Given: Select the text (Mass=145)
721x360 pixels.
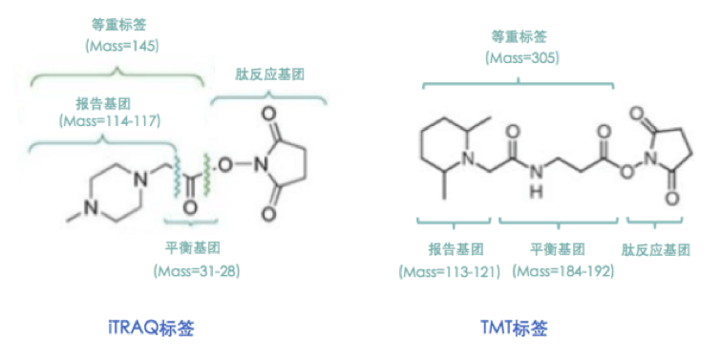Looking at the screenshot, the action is point(120,46).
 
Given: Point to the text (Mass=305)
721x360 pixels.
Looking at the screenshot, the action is point(522,58).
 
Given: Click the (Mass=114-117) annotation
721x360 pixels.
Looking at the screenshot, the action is point(108,121).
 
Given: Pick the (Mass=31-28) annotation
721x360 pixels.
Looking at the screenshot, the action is point(196,271).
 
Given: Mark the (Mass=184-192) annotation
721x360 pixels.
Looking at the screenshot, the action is point(562,271).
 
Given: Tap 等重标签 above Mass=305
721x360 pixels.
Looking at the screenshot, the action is point(522,37).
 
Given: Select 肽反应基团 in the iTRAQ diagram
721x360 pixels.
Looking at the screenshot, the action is point(270,74).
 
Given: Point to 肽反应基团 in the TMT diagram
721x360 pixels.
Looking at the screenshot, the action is point(656,251).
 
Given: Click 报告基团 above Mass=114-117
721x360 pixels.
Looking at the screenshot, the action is point(108,102).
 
